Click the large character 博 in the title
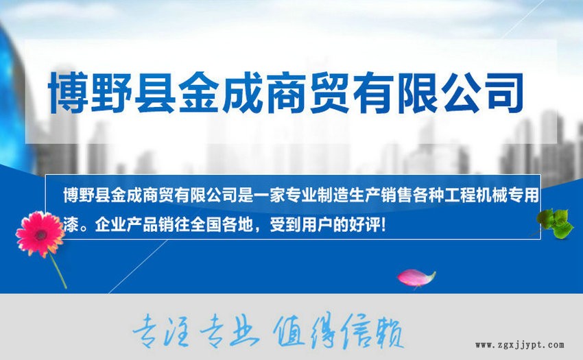coord(69,93)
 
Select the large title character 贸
coord(329,93)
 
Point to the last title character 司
coord(503,93)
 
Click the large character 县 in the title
coord(155,93)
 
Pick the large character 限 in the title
coord(417,93)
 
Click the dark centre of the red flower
coord(40,235)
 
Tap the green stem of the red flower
coord(58,271)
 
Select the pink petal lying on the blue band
coord(416,278)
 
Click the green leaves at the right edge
coord(555,223)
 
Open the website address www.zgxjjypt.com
coord(520,346)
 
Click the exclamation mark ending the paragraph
coord(383,225)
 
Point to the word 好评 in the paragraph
coord(365,225)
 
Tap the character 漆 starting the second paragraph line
coord(71,225)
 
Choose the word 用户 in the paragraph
coord(317,225)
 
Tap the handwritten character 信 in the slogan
coord(356,331)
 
